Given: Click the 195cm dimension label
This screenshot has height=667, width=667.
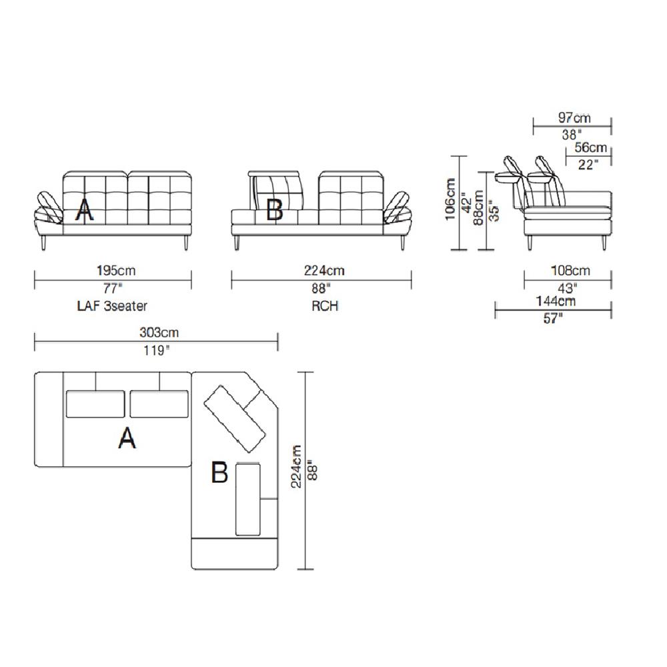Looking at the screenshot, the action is pyautogui.click(x=116, y=271).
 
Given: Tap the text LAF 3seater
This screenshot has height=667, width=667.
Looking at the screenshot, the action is pyautogui.click(x=112, y=306).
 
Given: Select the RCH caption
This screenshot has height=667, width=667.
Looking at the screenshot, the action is pyautogui.click(x=325, y=306).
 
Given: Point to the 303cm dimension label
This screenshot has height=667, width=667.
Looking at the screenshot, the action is pyautogui.click(x=159, y=332).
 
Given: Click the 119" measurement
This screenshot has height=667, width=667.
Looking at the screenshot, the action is pyautogui.click(x=156, y=351).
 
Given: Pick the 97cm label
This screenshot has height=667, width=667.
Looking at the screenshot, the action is pyautogui.click(x=574, y=117).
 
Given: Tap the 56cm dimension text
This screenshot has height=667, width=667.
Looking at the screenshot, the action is pyautogui.click(x=590, y=147).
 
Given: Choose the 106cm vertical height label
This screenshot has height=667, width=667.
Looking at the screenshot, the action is pyautogui.click(x=450, y=199).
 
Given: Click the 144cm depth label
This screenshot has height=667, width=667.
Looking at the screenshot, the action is pyautogui.click(x=556, y=301).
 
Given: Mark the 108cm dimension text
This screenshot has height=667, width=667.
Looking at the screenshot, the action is pyautogui.click(x=570, y=271).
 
